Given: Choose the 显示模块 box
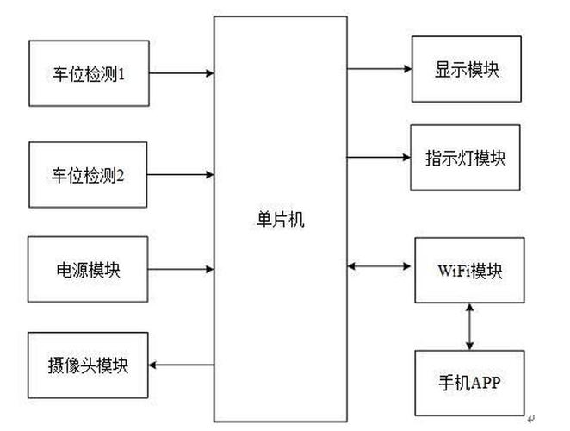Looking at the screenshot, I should [466, 70].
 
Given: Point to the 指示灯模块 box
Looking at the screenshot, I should [466, 158].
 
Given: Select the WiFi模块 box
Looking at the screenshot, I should [468, 270].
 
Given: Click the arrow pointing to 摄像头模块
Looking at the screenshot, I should [182, 365].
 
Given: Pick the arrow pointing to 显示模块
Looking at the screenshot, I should [379, 68].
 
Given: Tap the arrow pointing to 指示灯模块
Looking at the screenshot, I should [379, 157].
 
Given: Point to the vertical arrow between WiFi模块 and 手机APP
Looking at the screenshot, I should [469, 326].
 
